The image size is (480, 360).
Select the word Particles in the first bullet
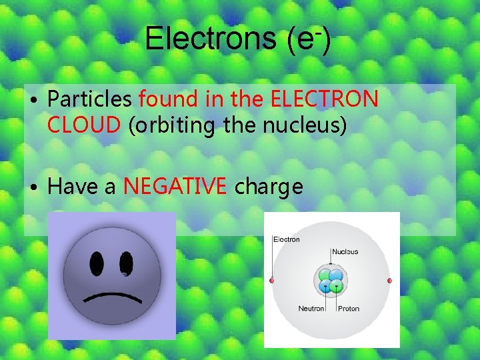pos(91,100)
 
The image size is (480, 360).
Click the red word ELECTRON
pos(325,100)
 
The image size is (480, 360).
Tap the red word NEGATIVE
pos(175,187)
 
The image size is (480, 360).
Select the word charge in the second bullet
pos(269,187)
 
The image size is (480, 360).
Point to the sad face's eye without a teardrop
pos(97,263)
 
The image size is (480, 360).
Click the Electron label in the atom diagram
pos(287,239)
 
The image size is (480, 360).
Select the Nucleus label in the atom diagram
pos(345,251)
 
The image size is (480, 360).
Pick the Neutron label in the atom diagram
pos(311,309)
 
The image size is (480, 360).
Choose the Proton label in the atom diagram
pos(348,309)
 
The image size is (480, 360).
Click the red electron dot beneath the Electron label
pos(272,281)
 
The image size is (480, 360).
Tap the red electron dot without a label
pos(389,281)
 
